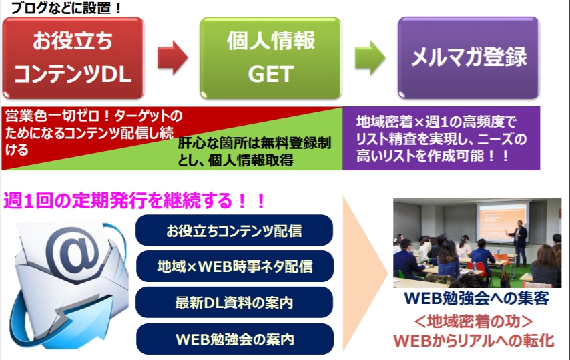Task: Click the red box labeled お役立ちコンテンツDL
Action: (x=73, y=59)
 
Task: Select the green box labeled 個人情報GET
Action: (x=271, y=59)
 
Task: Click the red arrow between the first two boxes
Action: (x=172, y=59)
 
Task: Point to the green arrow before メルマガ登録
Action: (x=368, y=59)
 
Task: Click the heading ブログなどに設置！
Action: (x=59, y=9)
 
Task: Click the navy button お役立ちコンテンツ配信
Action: (x=234, y=231)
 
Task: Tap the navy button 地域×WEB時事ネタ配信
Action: (x=234, y=266)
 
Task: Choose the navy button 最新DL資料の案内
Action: (x=234, y=302)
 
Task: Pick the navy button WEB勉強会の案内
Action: (x=234, y=338)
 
